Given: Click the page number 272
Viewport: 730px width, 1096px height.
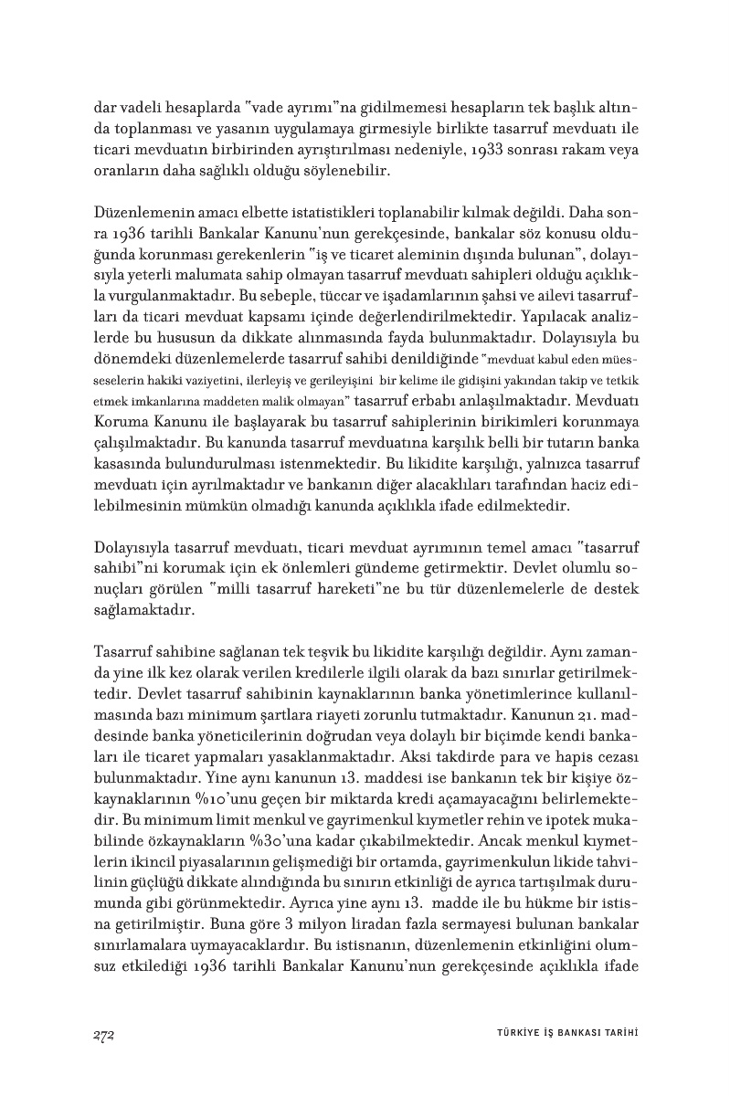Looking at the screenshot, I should pos(102,1033).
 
